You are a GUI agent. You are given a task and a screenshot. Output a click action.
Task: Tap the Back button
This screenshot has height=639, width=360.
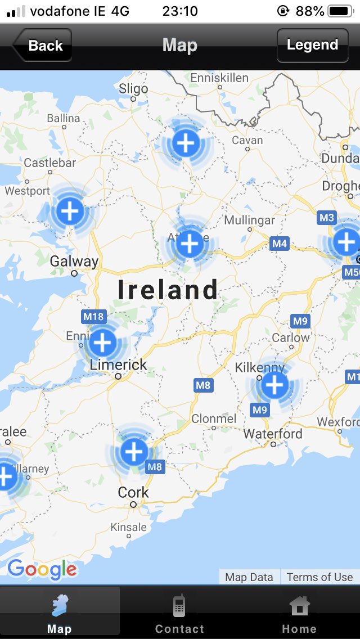[x=43, y=46]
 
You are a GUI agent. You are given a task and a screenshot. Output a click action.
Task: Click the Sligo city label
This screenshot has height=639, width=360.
[x=133, y=88]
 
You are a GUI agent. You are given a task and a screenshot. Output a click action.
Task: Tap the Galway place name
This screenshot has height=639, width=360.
[x=74, y=261]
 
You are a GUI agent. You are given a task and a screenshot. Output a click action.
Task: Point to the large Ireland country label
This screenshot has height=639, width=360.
[x=168, y=290]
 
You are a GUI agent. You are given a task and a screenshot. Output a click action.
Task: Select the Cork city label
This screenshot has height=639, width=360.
[x=133, y=492]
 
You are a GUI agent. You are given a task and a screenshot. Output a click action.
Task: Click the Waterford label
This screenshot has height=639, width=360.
[x=273, y=434]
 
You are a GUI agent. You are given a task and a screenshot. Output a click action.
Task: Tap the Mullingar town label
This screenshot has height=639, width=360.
[x=250, y=219]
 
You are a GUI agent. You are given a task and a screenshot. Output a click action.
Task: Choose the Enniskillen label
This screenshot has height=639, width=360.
[x=219, y=78]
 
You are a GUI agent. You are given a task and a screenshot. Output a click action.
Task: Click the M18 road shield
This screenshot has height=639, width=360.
[x=93, y=316]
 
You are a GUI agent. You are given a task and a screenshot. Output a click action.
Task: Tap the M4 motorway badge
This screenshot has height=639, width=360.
[x=280, y=244]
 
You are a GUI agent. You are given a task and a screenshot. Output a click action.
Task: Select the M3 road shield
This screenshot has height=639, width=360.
[x=326, y=218]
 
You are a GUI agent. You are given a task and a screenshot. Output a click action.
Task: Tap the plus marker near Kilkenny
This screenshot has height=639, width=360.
[x=274, y=385]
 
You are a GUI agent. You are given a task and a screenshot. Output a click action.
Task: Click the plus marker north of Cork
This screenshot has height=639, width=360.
[x=134, y=451]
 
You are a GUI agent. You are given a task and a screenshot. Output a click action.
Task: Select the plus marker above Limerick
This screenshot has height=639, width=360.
[x=102, y=342]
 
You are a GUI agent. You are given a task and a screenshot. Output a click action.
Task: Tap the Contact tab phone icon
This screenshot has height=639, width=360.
[x=179, y=606]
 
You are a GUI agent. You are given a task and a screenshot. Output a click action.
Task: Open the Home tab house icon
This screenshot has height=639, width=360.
[x=299, y=606]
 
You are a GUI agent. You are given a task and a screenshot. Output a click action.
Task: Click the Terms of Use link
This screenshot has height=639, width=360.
[x=319, y=577]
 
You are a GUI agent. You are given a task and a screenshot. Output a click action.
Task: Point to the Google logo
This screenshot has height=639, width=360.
[x=42, y=569]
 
